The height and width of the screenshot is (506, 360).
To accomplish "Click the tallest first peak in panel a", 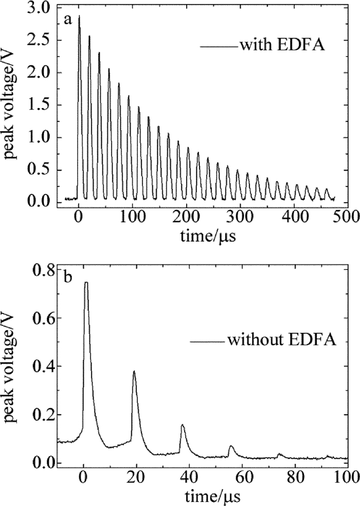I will point(79,17).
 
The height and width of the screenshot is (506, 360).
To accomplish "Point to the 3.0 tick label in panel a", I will point(41,8).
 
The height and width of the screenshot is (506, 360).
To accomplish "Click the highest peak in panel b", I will point(86,283).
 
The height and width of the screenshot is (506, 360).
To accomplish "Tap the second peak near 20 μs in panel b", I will point(134,371).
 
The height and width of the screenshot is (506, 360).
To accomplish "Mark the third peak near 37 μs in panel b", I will point(183,425).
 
